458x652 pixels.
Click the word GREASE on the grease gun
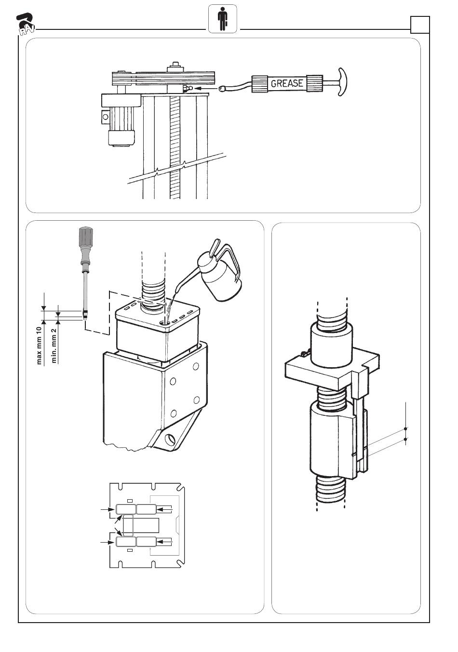coord(287,83)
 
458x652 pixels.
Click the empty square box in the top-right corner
coord(419,24)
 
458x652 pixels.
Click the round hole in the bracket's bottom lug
coord(170,439)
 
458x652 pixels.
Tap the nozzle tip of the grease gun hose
coord(222,89)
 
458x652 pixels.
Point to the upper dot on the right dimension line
coord(405,428)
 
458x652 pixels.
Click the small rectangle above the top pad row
coord(129,501)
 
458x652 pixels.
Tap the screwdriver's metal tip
coord(85,315)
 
